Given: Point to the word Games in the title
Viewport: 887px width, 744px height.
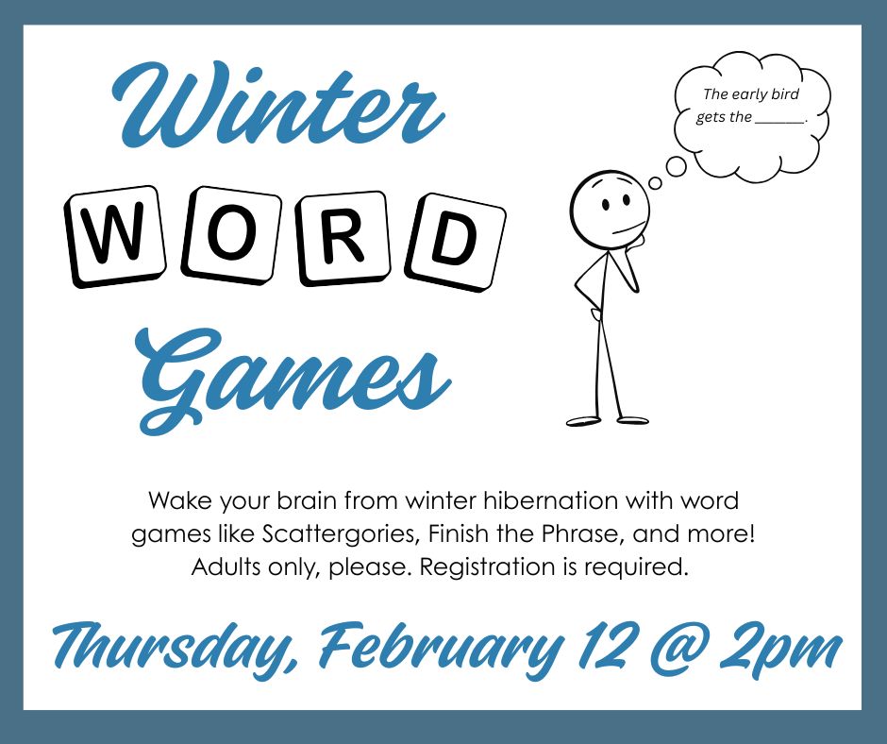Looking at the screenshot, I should pos(293,373).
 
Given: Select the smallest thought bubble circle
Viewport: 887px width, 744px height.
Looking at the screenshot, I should pos(653,186).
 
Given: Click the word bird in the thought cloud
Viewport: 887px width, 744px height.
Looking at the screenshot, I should pos(783,94).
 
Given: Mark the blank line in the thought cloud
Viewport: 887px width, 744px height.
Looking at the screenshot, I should pos(780,119).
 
